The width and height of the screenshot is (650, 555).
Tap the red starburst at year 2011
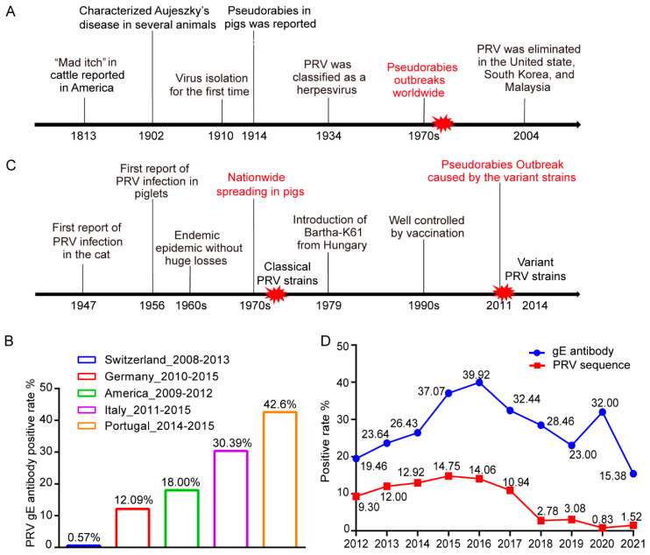[503, 292]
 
